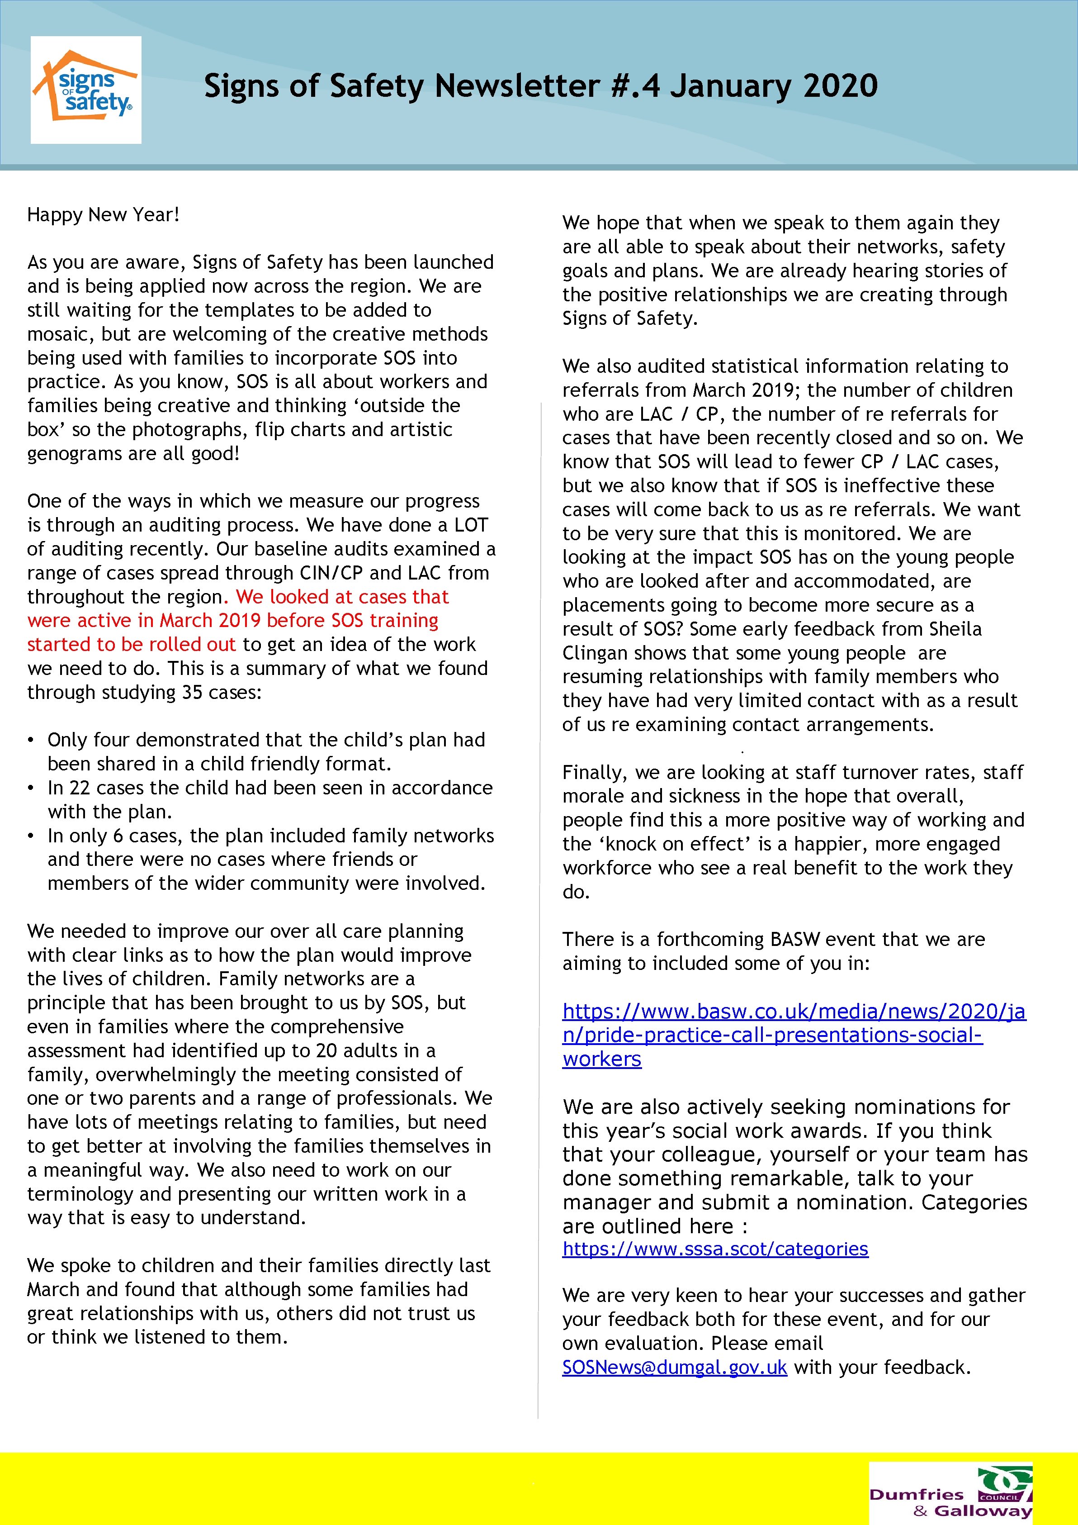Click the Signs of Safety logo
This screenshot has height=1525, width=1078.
pos(85,90)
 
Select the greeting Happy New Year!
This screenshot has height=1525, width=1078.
pos(104,214)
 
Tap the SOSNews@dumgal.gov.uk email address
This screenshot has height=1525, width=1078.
pos(674,1368)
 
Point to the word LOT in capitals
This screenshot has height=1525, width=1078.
pos(471,525)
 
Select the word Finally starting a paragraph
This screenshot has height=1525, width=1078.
pos(593,773)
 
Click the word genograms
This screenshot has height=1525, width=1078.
pos(73,454)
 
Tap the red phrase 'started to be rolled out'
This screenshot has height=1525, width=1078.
pos(132,644)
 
